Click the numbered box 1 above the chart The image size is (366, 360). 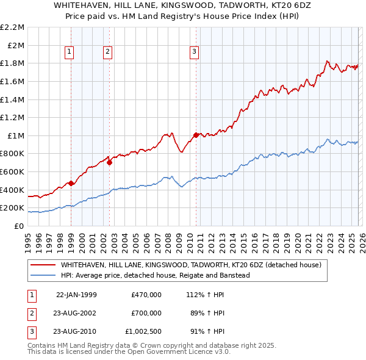click(x=70, y=52)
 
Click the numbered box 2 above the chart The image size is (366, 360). click(x=107, y=52)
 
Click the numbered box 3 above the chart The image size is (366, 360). click(x=194, y=52)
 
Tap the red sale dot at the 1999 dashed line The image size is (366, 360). click(x=71, y=183)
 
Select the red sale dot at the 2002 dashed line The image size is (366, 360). click(x=109, y=162)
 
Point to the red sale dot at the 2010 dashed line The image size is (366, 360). click(x=196, y=135)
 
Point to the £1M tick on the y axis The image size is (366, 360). click(x=16, y=135)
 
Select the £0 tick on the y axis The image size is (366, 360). click(x=20, y=226)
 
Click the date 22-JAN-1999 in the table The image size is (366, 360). click(x=76, y=295)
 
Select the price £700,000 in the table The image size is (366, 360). click(x=146, y=313)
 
